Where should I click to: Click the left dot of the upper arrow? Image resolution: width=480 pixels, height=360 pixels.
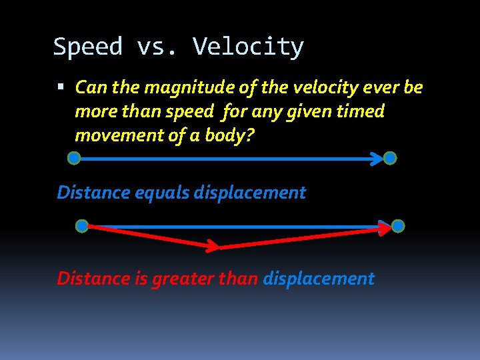coord(74,158)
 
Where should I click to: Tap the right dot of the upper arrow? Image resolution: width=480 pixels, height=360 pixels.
coord(390,158)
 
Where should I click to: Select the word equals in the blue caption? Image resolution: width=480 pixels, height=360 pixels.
coord(162,193)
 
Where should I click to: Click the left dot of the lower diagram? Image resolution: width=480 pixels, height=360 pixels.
coord(81,226)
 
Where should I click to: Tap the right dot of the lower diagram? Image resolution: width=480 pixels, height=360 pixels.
coord(398,226)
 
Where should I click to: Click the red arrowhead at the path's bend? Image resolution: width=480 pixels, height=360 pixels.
coord(211,247)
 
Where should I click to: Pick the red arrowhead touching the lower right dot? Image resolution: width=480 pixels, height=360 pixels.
coord(385,229)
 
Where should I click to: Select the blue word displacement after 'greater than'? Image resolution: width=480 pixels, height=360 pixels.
coord(319,279)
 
